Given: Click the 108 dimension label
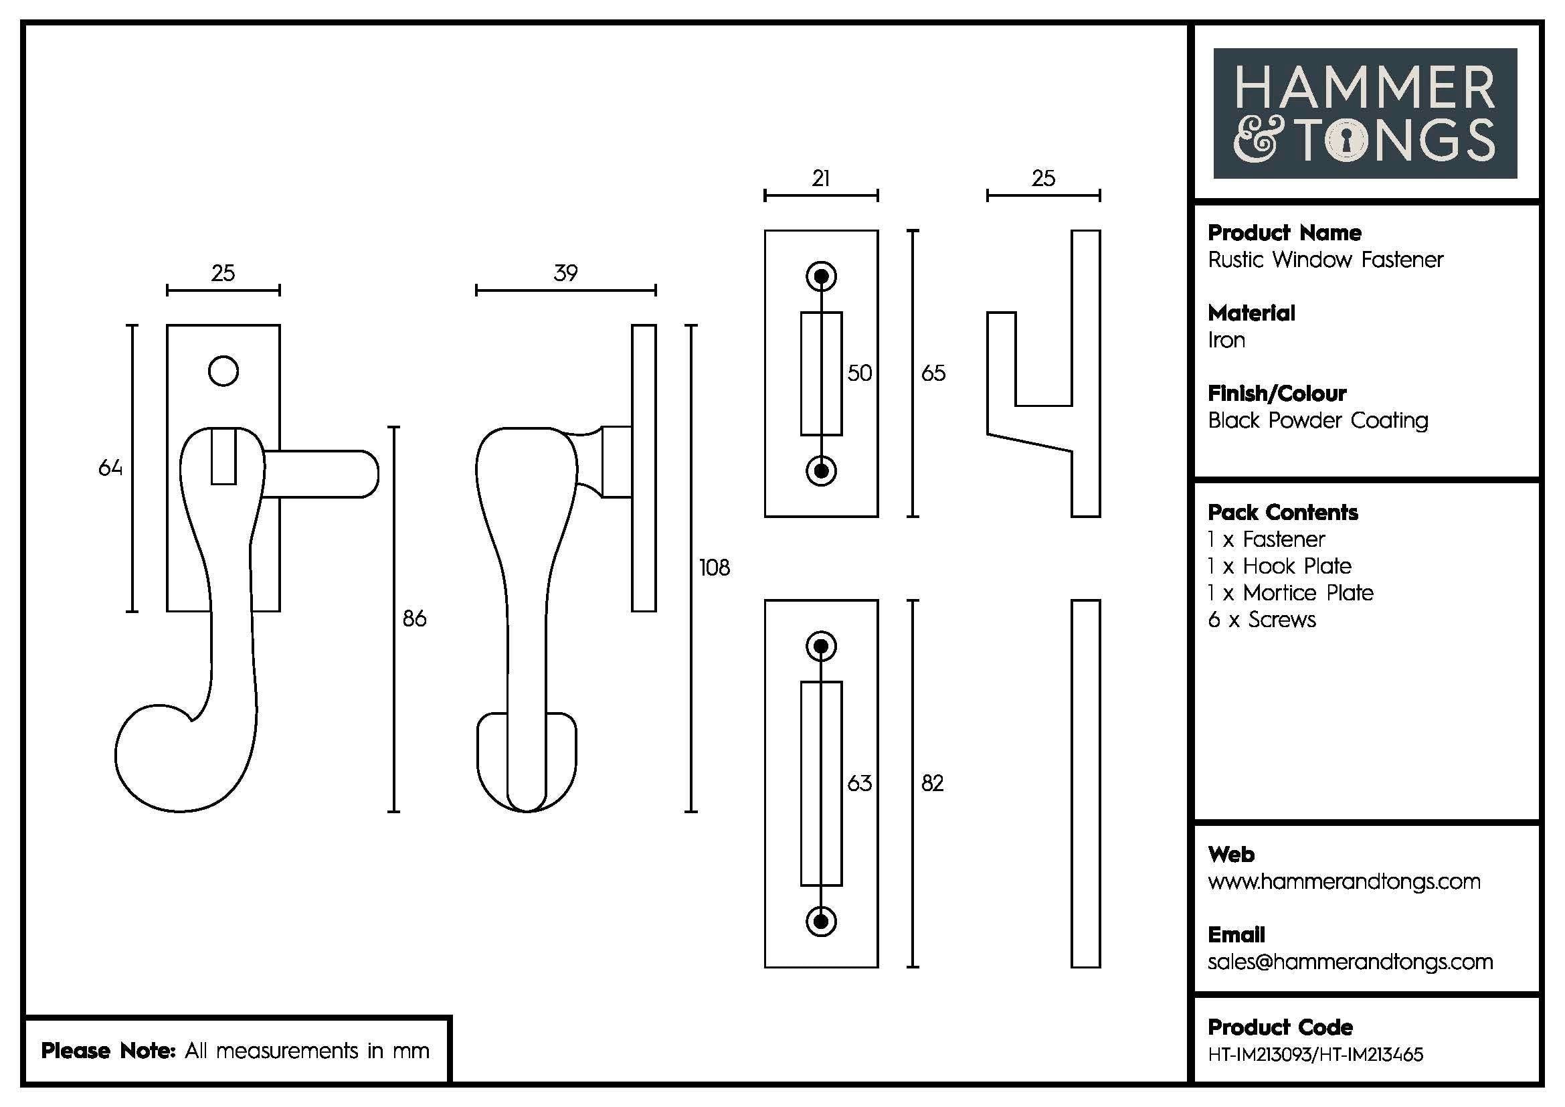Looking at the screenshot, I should pyautogui.click(x=714, y=567).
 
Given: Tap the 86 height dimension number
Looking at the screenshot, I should pyautogui.click(x=413, y=618).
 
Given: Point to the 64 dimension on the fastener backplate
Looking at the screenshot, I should pyautogui.click(x=110, y=468).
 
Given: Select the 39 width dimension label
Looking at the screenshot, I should pyautogui.click(x=565, y=273).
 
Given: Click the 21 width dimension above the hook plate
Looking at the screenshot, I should pyautogui.click(x=821, y=179).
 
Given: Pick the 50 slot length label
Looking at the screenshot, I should pyautogui.click(x=859, y=373).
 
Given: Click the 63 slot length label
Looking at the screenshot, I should pyautogui.click(x=859, y=782).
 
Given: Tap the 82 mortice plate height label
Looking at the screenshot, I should pyautogui.click(x=932, y=782).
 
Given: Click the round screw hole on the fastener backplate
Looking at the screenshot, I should pyautogui.click(x=223, y=371).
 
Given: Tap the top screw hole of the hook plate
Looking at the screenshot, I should pyautogui.click(x=822, y=276).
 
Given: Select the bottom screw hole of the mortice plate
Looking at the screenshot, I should pyautogui.click(x=822, y=922).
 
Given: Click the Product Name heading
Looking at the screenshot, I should pyautogui.click(x=1284, y=233).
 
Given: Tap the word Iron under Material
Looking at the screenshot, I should pyautogui.click(x=1226, y=340).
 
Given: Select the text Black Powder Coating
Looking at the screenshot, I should pyautogui.click(x=1317, y=420).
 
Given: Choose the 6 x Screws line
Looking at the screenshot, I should pyautogui.click(x=1262, y=620).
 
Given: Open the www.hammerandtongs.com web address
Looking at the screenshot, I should pyautogui.click(x=1344, y=881).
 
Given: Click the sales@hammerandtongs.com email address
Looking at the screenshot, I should pyautogui.click(x=1350, y=962).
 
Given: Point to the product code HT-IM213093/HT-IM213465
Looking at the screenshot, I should pyautogui.click(x=1315, y=1055).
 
